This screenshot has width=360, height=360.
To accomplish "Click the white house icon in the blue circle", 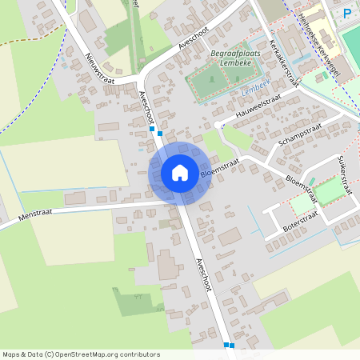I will coord(180,173).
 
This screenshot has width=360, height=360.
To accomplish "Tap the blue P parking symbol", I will coord(347,13).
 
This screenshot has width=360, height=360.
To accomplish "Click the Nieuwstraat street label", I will coord(101,68).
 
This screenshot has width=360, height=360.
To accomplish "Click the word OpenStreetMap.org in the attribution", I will coord(93,354).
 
